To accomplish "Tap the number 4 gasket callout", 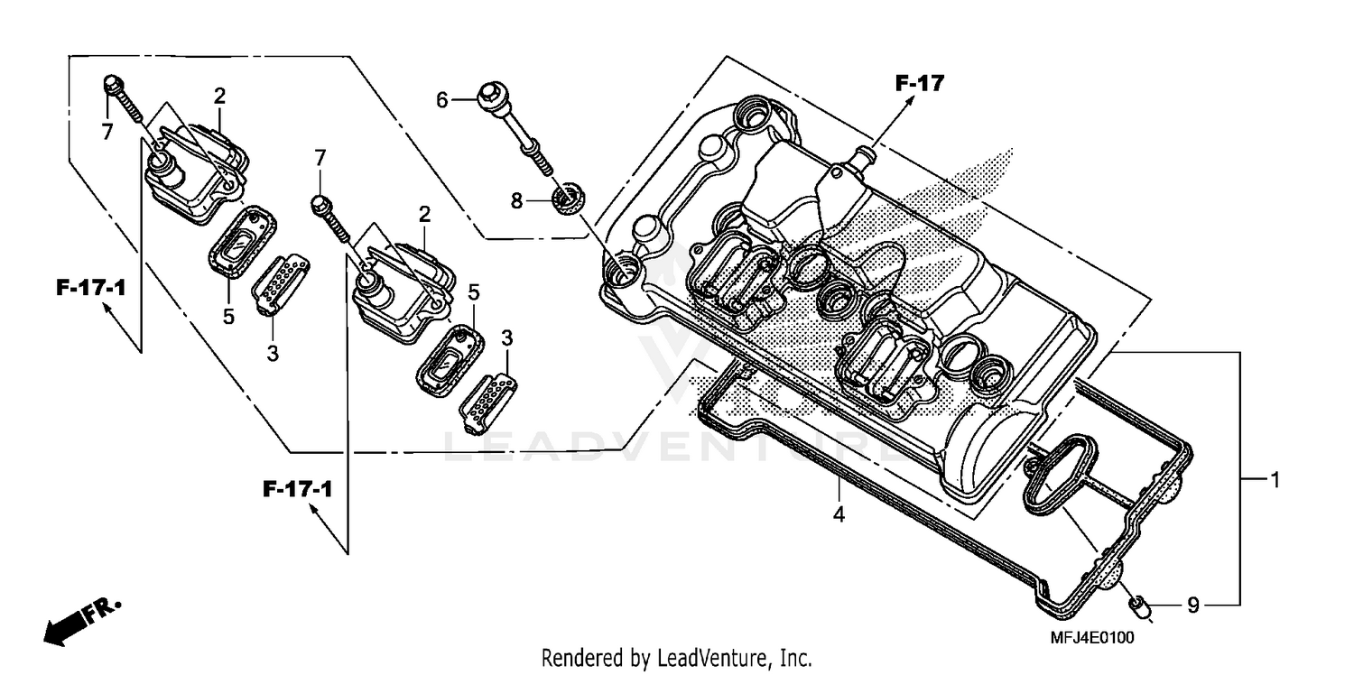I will pyautogui.click(x=839, y=515).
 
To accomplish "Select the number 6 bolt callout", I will pyautogui.click(x=441, y=100).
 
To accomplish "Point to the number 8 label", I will pyautogui.click(x=516, y=200).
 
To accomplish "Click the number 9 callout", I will pyautogui.click(x=1192, y=606).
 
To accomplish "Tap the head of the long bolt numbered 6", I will pyautogui.click(x=489, y=94).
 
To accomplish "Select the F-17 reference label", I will pyautogui.click(x=919, y=84).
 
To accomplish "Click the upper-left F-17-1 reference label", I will pyautogui.click(x=90, y=289).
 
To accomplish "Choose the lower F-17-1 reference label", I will pyautogui.click(x=298, y=490).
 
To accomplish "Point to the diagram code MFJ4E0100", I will pyautogui.click(x=1091, y=637).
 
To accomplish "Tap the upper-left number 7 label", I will pyautogui.click(x=107, y=133).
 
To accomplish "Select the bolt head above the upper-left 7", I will pyautogui.click(x=112, y=85).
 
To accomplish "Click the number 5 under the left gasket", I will pyautogui.click(x=228, y=317).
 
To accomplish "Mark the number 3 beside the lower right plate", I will pyautogui.click(x=506, y=338).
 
